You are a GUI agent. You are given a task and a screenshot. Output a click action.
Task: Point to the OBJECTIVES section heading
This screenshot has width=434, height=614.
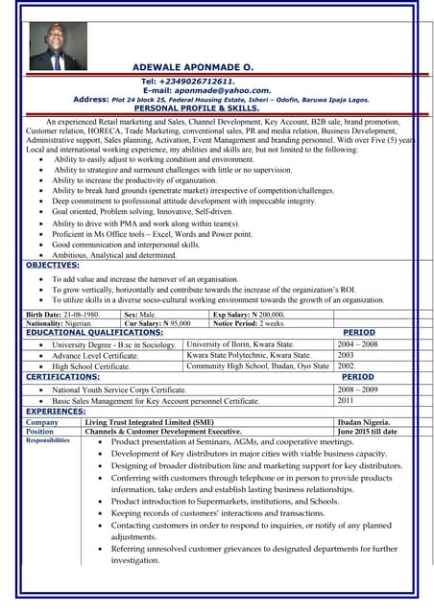click(x=53, y=265)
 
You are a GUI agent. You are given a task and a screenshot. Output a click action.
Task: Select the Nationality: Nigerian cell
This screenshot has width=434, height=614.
click(x=60, y=323)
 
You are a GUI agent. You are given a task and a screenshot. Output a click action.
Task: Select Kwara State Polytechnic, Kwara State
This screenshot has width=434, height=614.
click(x=250, y=355)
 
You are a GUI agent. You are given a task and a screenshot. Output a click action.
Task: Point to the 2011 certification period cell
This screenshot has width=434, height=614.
click(x=346, y=400)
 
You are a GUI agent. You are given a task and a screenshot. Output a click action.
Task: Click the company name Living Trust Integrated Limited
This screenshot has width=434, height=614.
click(x=150, y=422)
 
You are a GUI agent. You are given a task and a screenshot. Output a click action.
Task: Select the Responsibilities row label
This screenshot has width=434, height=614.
click(x=48, y=440)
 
